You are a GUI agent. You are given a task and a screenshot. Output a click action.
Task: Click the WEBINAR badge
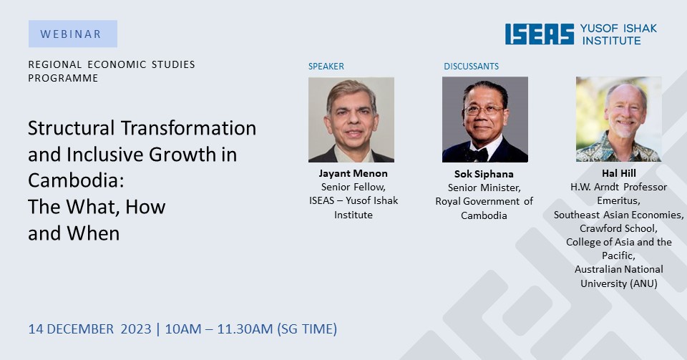pos(73,34)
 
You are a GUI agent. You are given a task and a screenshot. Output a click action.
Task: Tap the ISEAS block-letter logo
pos(540,34)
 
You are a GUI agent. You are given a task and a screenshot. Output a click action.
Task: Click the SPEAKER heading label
pos(326,66)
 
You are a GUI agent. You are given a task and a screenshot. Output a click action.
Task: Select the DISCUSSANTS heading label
pos(471,66)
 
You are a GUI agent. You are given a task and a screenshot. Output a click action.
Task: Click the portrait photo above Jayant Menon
pos(351,120)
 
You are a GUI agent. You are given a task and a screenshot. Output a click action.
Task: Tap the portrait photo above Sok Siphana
pos(485,120)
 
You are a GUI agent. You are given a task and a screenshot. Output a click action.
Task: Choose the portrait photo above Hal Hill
pos(618,119)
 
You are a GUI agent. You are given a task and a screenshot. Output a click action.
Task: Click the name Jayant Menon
pos(353,173)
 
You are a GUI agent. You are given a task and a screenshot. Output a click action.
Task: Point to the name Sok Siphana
pos(484,174)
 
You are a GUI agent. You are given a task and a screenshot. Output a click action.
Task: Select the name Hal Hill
pos(618,173)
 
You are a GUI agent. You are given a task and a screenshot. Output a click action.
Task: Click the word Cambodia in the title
pos(76,180)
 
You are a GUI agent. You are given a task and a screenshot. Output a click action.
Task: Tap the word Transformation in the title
pos(189,128)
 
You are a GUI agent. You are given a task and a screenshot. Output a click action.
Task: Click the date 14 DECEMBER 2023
pos(90,329)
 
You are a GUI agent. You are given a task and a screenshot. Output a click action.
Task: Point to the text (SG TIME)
pos(307,329)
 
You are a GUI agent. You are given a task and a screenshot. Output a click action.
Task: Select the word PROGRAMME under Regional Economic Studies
pos(63,78)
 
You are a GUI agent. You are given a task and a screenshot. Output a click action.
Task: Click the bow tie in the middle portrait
pos(477,155)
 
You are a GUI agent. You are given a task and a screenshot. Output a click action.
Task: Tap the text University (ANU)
pos(618,283)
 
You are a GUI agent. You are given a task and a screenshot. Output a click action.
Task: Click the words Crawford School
pos(618,228)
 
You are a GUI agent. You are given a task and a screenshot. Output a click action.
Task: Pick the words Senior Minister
pos(484,188)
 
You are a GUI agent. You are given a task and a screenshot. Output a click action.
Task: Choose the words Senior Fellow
pos(353,187)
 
